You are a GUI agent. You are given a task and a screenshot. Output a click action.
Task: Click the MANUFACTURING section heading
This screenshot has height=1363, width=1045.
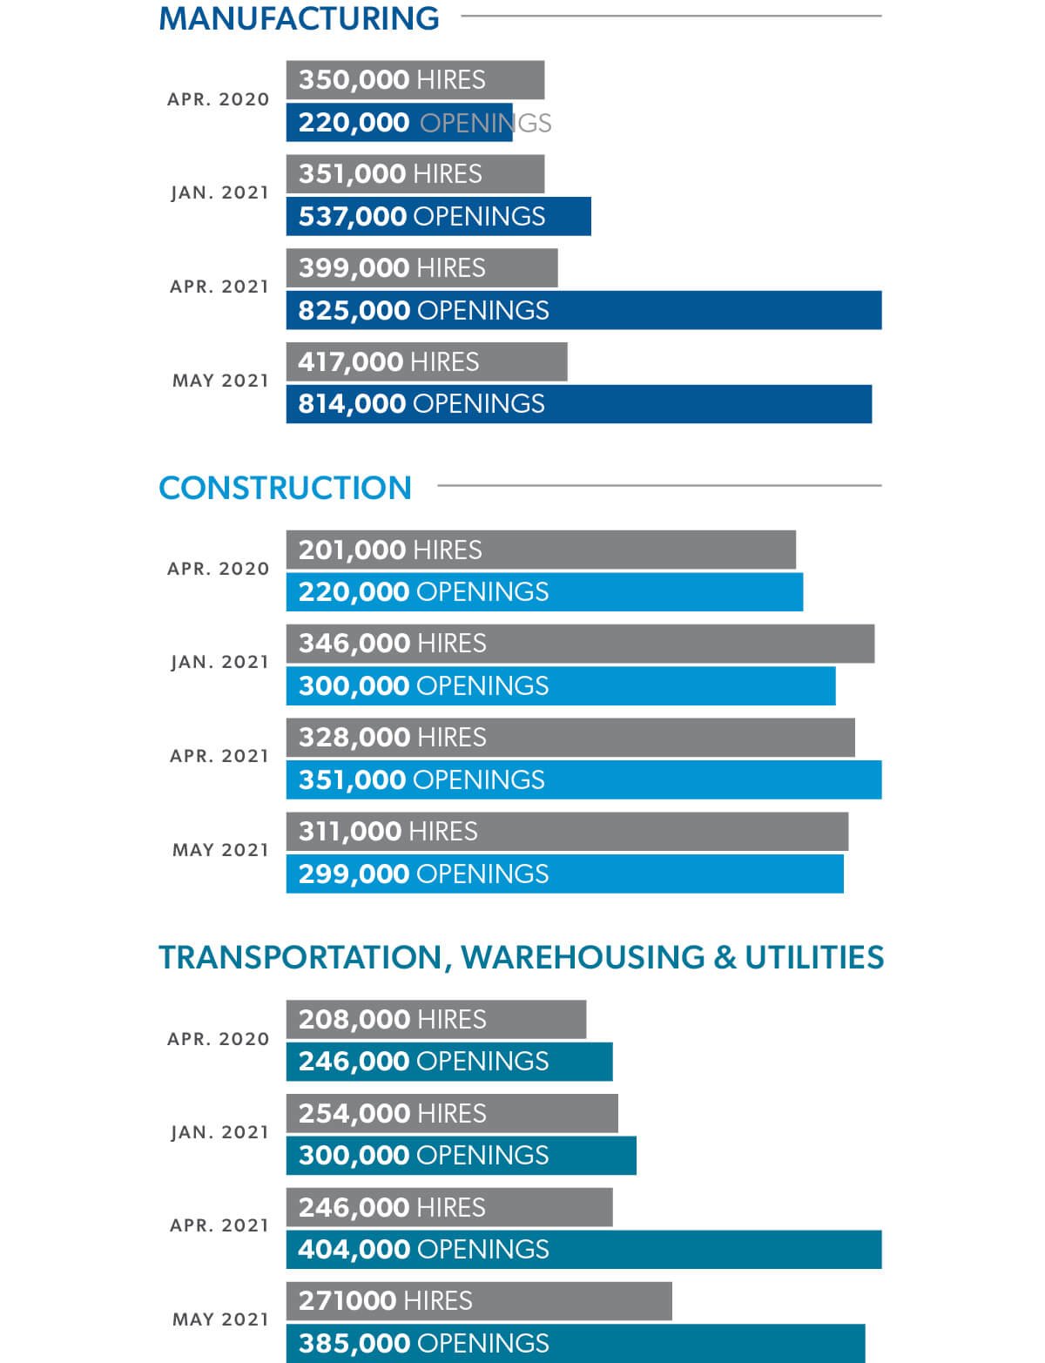point(299,18)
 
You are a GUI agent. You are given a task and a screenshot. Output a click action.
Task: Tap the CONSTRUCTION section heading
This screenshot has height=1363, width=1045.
point(285,488)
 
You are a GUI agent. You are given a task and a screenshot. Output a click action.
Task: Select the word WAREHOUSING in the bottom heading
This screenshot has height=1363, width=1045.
point(583,957)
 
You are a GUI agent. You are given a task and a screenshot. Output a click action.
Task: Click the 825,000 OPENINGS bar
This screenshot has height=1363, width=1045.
point(583,310)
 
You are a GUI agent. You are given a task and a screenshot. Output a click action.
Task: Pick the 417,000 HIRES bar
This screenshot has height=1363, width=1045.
point(427,361)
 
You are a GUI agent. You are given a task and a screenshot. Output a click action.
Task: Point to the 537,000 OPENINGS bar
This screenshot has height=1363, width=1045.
point(438,216)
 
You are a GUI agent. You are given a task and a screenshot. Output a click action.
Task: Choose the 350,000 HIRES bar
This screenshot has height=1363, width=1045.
point(415,80)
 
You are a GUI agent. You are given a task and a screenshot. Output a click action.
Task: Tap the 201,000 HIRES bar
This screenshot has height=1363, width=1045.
point(541,550)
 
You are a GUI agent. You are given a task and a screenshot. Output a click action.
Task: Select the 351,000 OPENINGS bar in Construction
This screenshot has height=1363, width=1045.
point(583,779)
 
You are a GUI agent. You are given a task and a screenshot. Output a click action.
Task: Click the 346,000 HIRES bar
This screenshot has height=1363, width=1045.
point(580,644)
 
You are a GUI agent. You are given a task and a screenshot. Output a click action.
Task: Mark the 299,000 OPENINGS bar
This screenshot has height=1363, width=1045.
point(564,874)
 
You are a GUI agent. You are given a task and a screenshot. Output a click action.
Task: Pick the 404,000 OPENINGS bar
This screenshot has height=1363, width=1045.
point(583,1249)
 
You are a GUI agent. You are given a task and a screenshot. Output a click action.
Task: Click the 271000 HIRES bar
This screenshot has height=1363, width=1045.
point(479,1300)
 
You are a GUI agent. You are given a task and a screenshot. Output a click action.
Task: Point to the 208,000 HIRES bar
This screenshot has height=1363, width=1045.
point(436,1019)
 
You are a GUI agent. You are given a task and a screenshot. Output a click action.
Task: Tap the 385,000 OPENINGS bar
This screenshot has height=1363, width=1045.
point(576,1343)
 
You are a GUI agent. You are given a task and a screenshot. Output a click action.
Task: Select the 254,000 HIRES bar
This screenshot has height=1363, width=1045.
point(452,1113)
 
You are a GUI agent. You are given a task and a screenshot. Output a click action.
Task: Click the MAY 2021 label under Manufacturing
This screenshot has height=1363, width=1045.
point(220,381)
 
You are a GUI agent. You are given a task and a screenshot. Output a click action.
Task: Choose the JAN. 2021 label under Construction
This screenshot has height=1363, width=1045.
point(219,662)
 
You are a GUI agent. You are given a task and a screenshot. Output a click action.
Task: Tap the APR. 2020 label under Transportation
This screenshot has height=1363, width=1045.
point(218,1039)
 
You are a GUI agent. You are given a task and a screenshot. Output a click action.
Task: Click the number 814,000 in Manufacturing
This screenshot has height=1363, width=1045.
point(352,404)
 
